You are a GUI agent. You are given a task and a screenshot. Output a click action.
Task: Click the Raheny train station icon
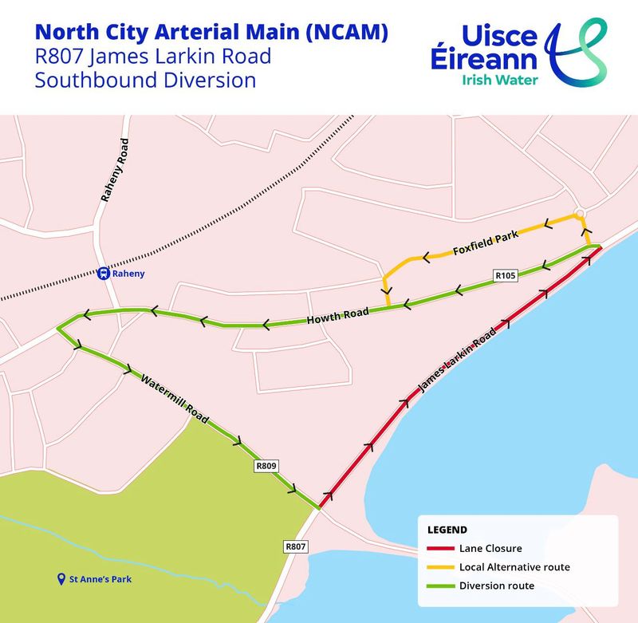click(103, 274)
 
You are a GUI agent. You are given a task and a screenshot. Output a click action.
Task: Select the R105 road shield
click(506, 275)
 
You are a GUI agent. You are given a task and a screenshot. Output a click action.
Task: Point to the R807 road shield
click(295, 547)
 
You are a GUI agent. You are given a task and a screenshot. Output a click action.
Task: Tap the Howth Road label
click(338, 317)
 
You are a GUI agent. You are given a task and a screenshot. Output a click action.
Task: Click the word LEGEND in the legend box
click(447, 529)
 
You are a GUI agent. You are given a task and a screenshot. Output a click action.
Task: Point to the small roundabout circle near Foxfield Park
click(581, 212)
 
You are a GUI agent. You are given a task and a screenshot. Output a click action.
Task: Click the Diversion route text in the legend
click(496, 586)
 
